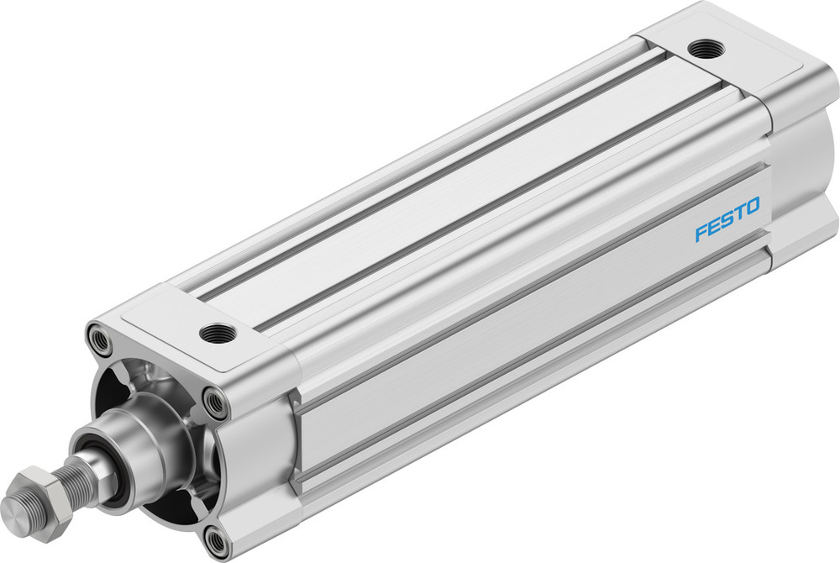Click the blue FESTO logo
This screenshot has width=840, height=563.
[727, 219]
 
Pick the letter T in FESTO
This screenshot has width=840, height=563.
[739, 213]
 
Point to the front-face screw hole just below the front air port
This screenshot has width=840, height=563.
[217, 404]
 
